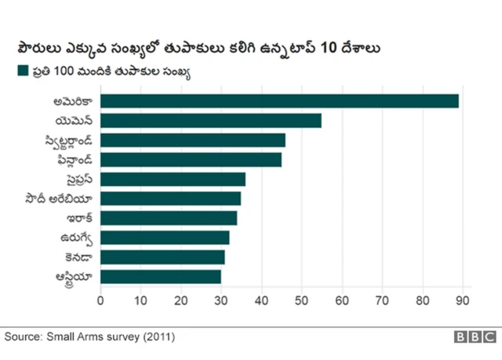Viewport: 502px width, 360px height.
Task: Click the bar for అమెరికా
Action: point(279,101)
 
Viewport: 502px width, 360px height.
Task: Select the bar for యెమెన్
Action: point(211,120)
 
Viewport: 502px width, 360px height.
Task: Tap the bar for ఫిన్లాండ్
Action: point(191,160)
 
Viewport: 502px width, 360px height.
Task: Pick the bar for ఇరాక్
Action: point(169,218)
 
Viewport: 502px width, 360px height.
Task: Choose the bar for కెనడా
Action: point(162,257)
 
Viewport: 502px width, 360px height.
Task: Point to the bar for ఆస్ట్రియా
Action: point(161,276)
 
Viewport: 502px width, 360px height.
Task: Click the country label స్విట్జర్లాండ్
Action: point(69,140)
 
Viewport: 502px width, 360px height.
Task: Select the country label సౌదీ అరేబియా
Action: point(60,198)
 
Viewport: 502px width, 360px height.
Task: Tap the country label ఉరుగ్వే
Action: point(77,238)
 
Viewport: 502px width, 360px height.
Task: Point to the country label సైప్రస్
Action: point(78,179)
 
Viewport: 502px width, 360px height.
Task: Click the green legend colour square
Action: point(22,71)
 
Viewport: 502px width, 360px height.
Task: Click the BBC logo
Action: point(475,337)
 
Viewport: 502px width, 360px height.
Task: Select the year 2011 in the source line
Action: point(155,336)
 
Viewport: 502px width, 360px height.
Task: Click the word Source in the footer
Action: point(23,336)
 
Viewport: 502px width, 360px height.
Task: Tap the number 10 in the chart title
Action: point(329,48)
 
